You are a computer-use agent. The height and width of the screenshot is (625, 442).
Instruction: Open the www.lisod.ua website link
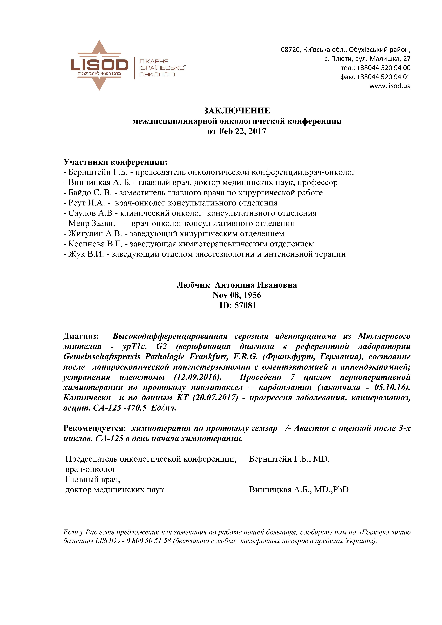(390, 86)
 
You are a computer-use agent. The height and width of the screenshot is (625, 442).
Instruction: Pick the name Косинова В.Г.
(95, 244)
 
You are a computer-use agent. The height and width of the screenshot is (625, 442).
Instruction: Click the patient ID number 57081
(245, 305)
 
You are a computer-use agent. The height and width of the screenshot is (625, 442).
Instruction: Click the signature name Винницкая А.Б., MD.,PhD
(299, 490)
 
